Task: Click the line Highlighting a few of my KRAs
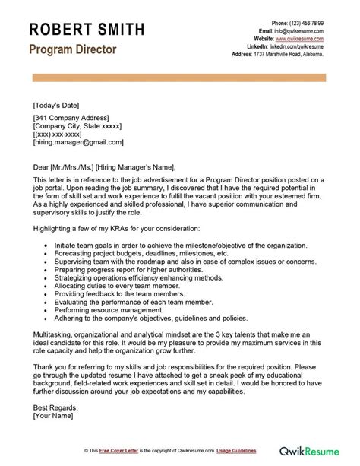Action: point(116,228)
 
